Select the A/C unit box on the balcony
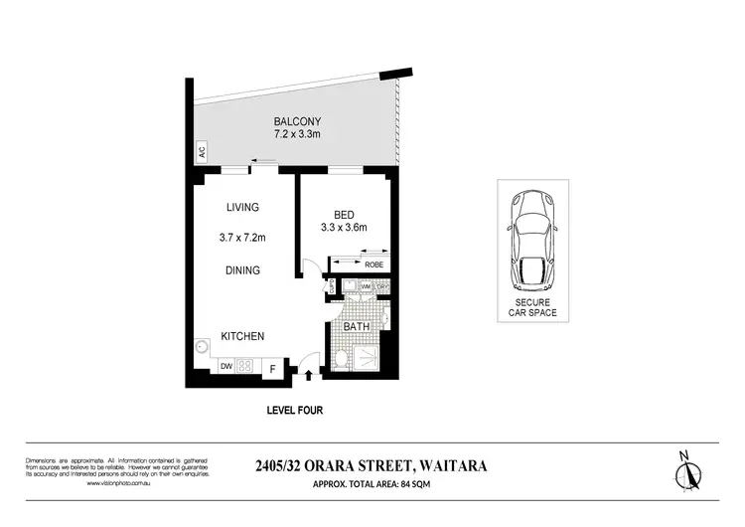coord(201,153)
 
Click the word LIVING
coord(241,208)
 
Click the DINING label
coord(241,270)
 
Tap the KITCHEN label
coord(241,337)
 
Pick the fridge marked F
coord(273,369)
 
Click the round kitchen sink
coord(203,348)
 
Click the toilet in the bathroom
coord(341,359)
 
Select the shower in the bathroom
coord(369,358)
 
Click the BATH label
coord(356,326)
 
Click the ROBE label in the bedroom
coord(374,264)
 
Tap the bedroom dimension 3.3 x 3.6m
coord(344,228)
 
